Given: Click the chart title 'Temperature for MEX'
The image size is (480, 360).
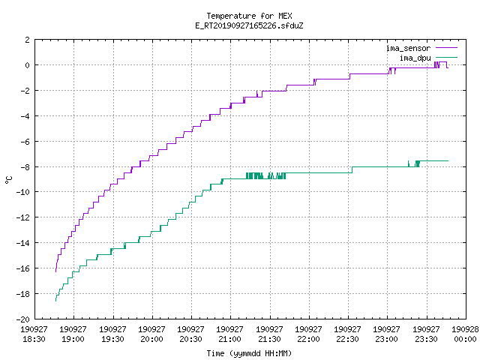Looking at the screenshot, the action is click(x=249, y=16).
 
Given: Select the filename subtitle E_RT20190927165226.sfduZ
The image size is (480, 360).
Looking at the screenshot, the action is click(x=249, y=25).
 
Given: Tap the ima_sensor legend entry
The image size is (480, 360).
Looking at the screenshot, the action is click(x=421, y=48).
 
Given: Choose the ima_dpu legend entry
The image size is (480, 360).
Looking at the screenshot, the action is click(x=428, y=58).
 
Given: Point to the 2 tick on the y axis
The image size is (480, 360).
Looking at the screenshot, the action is click(x=28, y=40).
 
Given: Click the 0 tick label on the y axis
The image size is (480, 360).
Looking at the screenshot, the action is click(x=28, y=65).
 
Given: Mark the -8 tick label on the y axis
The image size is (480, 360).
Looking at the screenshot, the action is click(x=25, y=167).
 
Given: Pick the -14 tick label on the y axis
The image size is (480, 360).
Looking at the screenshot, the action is click(x=23, y=243).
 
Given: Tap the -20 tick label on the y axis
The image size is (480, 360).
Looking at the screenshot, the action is click(x=23, y=319).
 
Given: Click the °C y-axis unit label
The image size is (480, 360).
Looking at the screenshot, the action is click(x=9, y=180).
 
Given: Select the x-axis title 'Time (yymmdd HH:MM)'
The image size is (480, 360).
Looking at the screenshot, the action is click(x=249, y=353).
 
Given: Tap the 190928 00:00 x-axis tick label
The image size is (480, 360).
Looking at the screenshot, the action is click(x=465, y=334).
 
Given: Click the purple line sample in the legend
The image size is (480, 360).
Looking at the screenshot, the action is click(x=447, y=48).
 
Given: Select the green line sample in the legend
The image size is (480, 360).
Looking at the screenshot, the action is click(x=447, y=57).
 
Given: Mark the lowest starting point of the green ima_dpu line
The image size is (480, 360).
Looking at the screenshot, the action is click(x=55, y=301).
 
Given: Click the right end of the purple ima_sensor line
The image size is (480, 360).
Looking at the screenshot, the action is click(x=448, y=67).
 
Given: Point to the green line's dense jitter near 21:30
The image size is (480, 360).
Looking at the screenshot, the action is click(x=265, y=175).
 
